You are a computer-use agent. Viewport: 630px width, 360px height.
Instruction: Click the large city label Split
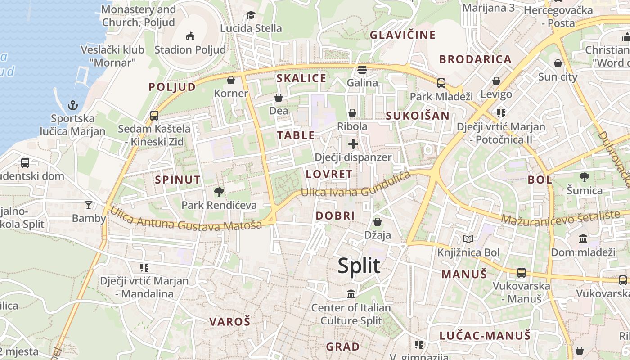click(359, 266)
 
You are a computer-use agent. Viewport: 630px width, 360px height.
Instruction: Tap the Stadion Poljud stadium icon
click(190, 36)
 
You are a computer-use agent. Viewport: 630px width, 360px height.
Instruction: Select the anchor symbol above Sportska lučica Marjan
click(72, 105)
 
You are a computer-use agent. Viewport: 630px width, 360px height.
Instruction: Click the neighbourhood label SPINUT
click(178, 180)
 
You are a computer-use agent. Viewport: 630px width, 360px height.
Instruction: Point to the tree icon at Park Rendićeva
click(219, 192)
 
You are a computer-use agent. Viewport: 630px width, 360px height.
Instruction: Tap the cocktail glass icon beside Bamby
click(89, 205)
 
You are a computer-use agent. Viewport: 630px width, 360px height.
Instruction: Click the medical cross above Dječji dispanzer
click(353, 144)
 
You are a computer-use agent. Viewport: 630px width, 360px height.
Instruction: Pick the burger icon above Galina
click(362, 70)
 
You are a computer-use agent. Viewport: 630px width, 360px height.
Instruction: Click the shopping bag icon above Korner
click(231, 80)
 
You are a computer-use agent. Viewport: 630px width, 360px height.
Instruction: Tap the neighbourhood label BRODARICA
click(475, 59)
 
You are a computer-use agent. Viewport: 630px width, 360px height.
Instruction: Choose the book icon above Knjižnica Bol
click(468, 239)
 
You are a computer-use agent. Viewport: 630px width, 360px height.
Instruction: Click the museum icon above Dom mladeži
click(583, 238)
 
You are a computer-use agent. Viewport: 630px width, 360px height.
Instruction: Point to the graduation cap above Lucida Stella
click(251, 15)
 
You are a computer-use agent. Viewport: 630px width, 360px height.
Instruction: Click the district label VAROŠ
click(229, 322)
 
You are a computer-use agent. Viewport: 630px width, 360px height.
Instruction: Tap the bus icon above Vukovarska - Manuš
click(521, 272)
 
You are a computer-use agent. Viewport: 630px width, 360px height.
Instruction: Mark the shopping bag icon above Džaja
click(378, 222)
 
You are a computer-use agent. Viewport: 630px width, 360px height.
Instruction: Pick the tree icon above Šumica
click(585, 177)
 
